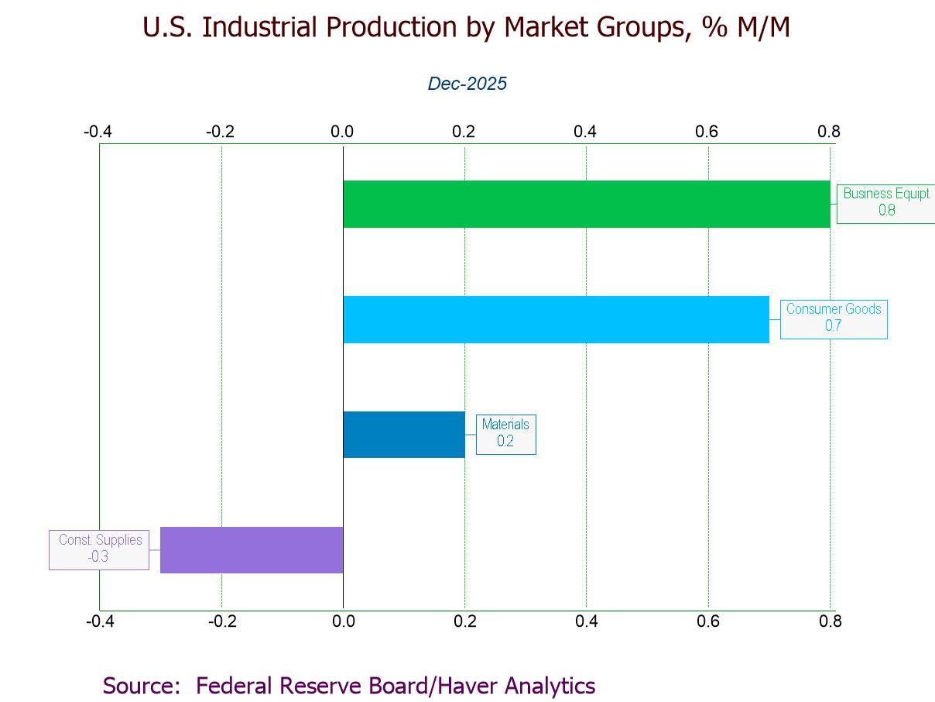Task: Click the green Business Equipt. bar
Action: point(586,204)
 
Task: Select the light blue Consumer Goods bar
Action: point(556,319)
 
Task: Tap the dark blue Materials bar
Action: point(403,435)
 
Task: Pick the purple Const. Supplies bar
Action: point(251,550)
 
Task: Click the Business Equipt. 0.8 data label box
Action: point(886,202)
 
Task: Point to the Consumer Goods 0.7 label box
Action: point(834,318)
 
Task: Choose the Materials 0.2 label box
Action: point(505,433)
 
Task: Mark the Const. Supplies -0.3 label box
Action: point(99,549)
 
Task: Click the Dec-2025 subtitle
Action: point(467,84)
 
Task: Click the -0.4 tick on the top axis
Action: point(98,132)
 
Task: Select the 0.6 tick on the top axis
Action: point(707,132)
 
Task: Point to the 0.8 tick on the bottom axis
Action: point(830,621)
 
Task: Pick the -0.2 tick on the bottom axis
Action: point(221,621)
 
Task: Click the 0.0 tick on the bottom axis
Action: point(343,621)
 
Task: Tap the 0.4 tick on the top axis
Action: point(585,132)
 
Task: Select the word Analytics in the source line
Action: point(550,686)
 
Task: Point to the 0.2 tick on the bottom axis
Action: point(464,621)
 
